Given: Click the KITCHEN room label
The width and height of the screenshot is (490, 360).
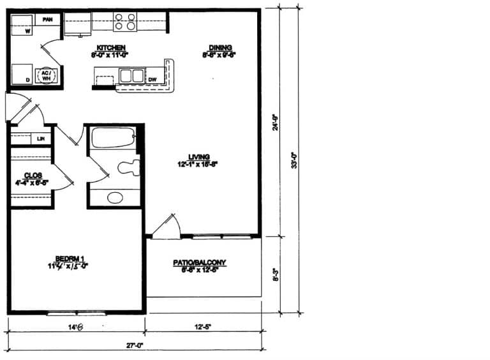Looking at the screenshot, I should [x=110, y=48].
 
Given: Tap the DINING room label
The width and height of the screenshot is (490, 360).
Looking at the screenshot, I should [x=220, y=47].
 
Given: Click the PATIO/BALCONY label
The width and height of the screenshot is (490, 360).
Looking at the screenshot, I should [x=200, y=262].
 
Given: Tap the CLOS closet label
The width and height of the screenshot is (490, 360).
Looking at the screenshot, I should [x=33, y=175].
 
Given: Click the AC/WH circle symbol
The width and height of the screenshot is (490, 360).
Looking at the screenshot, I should [x=47, y=76].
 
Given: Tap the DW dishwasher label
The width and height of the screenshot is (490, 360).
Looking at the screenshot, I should [x=152, y=79].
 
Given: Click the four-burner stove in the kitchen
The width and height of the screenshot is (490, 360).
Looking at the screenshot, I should [x=125, y=22].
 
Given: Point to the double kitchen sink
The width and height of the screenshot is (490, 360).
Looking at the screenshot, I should [x=131, y=76].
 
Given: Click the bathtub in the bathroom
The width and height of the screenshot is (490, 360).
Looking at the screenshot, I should [x=113, y=138].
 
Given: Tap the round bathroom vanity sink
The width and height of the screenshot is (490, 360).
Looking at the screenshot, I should [x=115, y=197].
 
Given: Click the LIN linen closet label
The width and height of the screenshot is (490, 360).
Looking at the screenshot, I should [x=41, y=138].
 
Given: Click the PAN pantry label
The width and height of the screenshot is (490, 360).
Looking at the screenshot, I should [x=47, y=20].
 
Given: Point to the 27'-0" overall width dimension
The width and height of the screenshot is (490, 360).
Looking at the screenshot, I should [x=134, y=345].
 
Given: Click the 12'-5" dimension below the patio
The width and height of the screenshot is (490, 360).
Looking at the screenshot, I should [x=203, y=327].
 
